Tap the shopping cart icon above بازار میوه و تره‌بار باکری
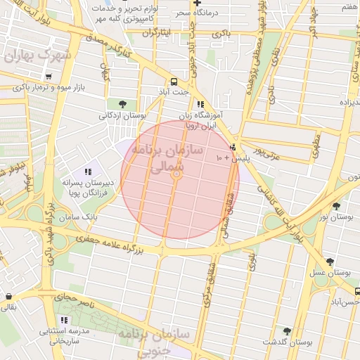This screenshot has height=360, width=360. (x=48, y=77)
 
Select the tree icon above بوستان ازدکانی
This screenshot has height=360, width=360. (x=123, y=104)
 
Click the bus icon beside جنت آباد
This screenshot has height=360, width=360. (x=174, y=80)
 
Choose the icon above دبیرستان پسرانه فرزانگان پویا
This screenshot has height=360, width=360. (x=88, y=172)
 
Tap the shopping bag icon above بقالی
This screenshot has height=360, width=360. (x=8, y=297)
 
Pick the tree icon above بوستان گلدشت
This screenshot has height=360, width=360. (x=286, y=330)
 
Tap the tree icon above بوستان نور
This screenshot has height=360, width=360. (x=336, y=206)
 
